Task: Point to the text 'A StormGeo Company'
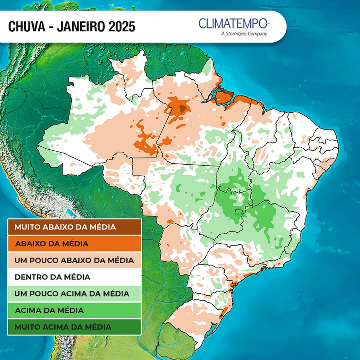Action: pos(244,34)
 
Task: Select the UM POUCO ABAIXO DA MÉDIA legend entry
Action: pos(74,260)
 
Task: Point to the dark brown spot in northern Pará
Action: pos(182,107)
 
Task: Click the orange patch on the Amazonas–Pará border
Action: pos(146,139)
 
